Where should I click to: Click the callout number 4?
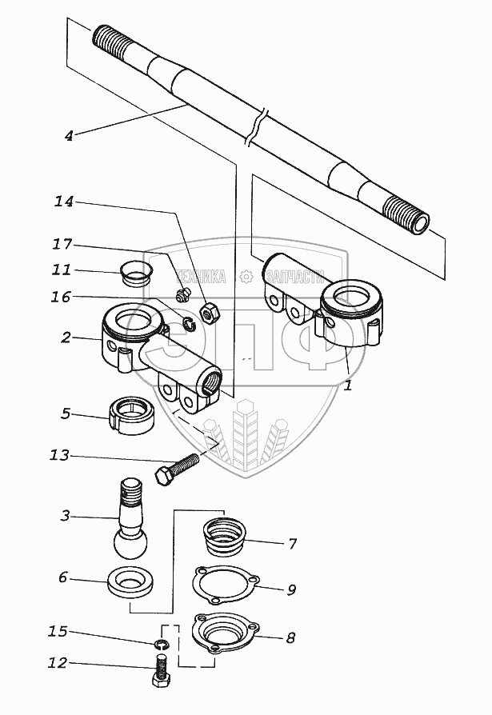coord(69,136)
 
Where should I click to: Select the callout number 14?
coord(63,202)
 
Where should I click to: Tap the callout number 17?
coord(63,244)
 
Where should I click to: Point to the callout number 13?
coord(58,456)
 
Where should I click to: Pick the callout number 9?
coord(291,590)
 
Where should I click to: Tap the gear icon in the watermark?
coord(246,278)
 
